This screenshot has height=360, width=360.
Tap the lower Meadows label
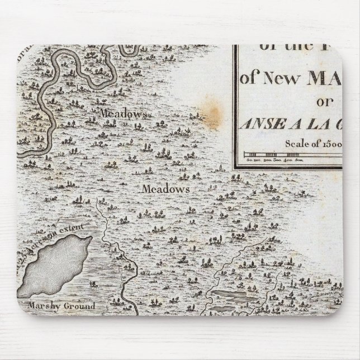[x=166, y=189]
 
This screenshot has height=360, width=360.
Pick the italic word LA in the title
[x=314, y=124]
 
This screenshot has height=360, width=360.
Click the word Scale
[x=297, y=143]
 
